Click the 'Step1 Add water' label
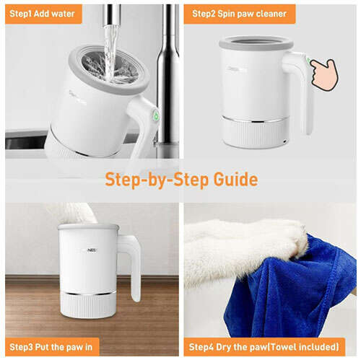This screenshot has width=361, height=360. (42, 14)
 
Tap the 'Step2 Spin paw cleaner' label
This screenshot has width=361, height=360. (239, 14)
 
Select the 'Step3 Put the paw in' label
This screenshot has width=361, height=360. (51, 347)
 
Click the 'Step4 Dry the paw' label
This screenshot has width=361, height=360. (264, 347)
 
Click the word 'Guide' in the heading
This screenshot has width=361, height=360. (236, 180)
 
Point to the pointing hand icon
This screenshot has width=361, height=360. (324, 74)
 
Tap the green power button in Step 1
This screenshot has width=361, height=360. (156, 115)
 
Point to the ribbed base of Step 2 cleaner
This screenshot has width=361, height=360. (256, 132)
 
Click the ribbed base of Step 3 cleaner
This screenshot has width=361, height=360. (88, 305)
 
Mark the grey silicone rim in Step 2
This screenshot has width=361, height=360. (256, 43)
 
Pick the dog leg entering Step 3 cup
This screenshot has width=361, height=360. (74, 213)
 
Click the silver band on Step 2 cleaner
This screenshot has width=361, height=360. (256, 120)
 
